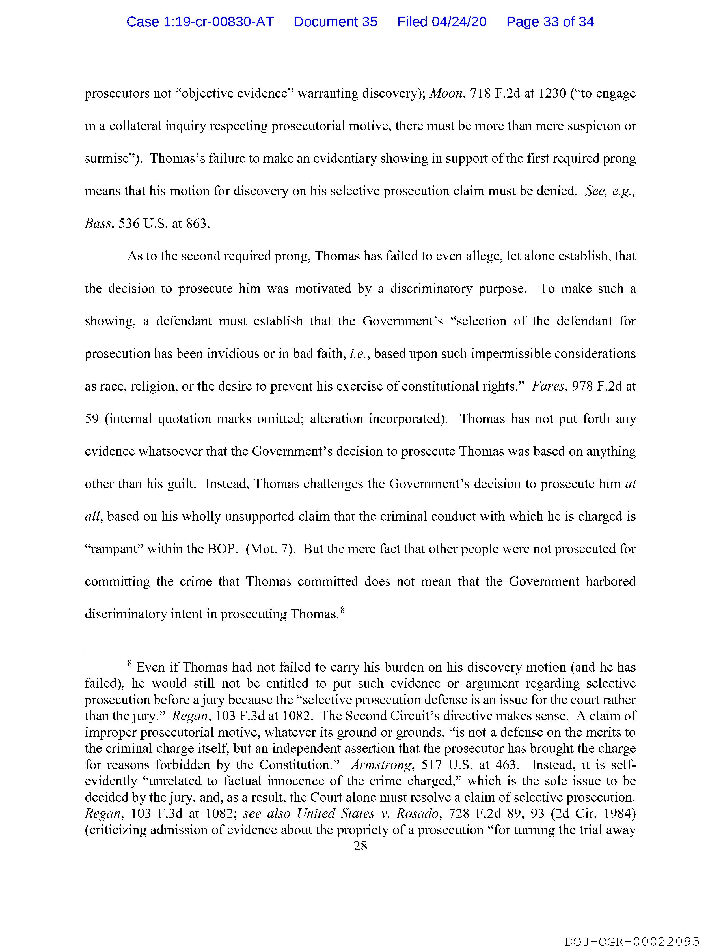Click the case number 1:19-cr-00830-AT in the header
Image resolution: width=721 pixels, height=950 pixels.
point(200,22)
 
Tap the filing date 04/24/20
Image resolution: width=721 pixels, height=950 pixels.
point(459,22)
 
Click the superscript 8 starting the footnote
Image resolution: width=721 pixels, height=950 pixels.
point(129,664)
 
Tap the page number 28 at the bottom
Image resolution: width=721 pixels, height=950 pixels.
point(360,846)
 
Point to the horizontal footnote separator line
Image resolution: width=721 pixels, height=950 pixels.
point(170,652)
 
